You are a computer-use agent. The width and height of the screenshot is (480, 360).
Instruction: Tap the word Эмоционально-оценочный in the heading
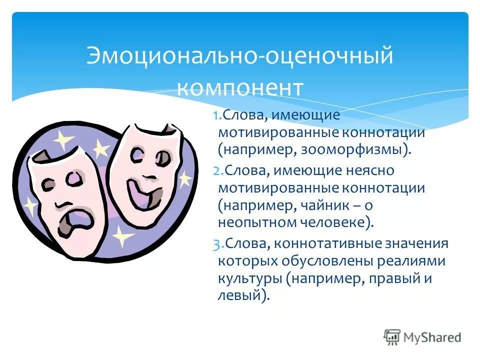tap(240, 55)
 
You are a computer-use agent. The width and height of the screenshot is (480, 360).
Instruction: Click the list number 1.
tap(216, 116)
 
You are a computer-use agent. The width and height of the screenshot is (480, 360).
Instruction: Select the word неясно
tap(371, 171)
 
